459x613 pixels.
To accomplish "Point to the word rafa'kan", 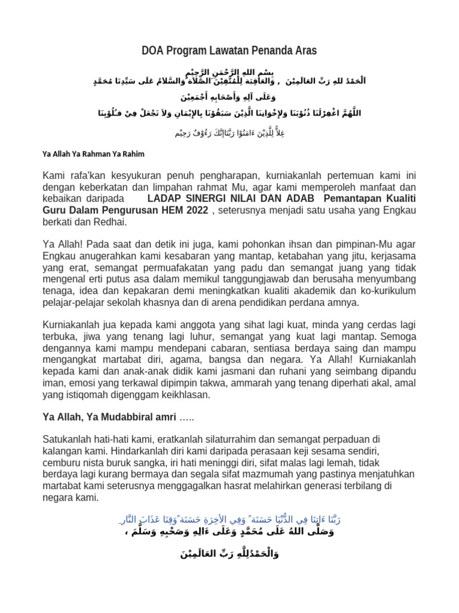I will (x=88, y=175).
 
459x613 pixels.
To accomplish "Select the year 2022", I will (x=195, y=210).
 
